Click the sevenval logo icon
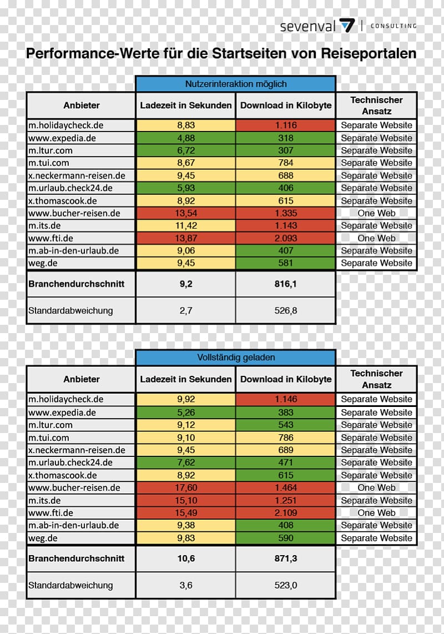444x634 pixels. click(347, 26)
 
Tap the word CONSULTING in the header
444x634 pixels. click(393, 26)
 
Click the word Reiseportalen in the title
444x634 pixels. click(369, 53)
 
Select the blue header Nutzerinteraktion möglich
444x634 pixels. click(236, 84)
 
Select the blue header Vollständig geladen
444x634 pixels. click(236, 358)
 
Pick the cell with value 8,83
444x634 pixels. click(185, 125)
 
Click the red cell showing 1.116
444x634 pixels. click(285, 125)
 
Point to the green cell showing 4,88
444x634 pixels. click(185, 138)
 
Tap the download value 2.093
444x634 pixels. click(285, 238)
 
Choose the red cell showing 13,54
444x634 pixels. click(185, 213)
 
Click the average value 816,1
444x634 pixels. click(285, 284)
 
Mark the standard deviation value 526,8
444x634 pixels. click(285, 310)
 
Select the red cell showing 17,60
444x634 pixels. click(185, 487)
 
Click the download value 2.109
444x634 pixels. click(285, 513)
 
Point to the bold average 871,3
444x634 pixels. click(285, 558)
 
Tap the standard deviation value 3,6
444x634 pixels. click(185, 585)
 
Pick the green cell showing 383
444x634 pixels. click(285, 412)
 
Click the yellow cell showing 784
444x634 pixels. click(285, 163)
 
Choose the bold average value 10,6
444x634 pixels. click(185, 558)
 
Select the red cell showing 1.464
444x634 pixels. click(285, 487)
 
